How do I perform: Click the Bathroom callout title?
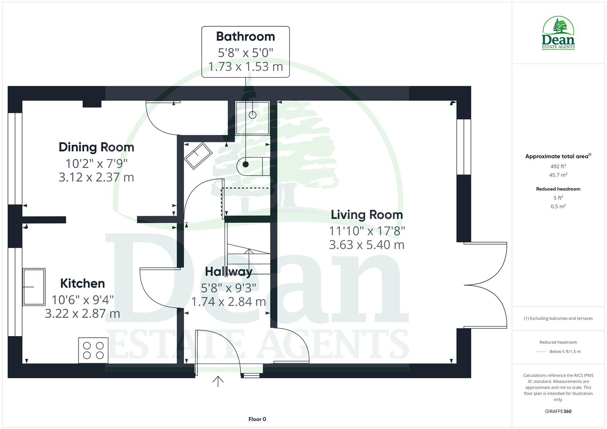click(245, 37)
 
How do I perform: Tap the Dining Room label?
click(96, 147)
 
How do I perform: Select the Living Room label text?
click(367, 215)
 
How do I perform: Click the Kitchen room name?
click(83, 284)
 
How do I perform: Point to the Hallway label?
click(229, 272)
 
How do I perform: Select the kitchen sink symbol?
click(34, 287)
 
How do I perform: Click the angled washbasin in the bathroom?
click(198, 155)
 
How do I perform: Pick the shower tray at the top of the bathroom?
click(252, 118)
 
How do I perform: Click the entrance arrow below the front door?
click(218, 381)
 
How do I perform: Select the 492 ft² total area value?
click(558, 166)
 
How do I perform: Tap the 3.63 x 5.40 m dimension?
click(367, 245)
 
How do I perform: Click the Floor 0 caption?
click(257, 419)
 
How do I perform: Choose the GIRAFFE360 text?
click(558, 411)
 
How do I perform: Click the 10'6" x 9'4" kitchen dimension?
click(83, 299)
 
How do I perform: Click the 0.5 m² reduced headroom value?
click(558, 207)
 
